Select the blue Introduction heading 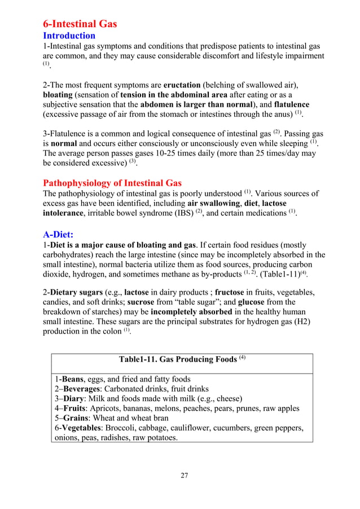(x=69, y=36)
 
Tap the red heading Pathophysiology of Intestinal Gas (x=112, y=182)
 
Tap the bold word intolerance (x=65, y=214)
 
